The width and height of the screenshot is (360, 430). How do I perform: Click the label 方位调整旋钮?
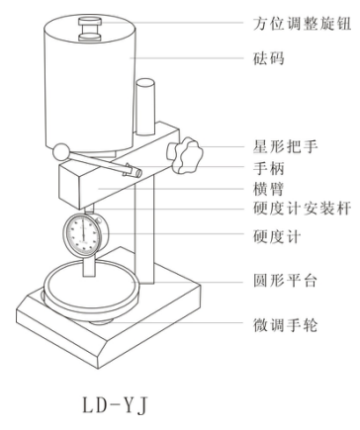click(302, 24)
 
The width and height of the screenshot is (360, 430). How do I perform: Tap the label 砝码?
click(269, 58)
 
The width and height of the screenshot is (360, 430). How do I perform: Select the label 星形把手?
click(286, 146)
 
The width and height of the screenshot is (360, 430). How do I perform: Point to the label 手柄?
click(269, 168)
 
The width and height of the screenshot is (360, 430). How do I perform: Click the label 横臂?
click(269, 189)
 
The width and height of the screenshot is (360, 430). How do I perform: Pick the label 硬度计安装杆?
click(302, 209)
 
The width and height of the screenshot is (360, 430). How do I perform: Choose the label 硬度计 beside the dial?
click(277, 236)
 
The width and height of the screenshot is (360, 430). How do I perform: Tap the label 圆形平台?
click(286, 281)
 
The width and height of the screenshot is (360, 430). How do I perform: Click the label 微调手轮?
click(286, 325)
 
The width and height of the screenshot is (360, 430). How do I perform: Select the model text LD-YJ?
click(115, 405)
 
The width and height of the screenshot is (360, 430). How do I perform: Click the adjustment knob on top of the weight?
click(90, 30)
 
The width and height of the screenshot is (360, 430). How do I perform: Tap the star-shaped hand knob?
click(185, 155)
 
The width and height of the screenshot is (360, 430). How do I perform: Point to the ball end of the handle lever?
click(60, 152)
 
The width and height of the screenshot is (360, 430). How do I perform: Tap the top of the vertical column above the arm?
click(145, 83)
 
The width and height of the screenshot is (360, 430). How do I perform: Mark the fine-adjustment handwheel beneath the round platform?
click(100, 320)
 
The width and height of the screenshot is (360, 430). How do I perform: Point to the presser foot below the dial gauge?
click(89, 266)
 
